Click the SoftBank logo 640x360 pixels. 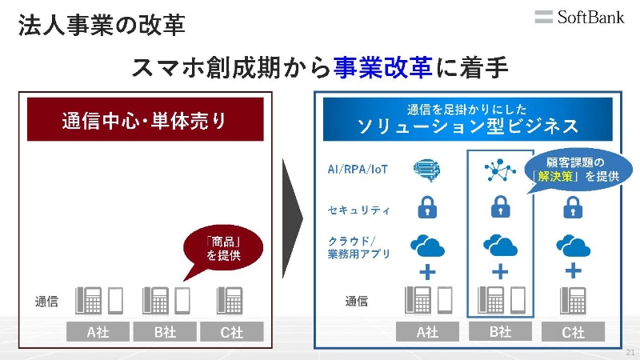[x=579, y=17]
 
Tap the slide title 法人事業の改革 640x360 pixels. [x=102, y=25]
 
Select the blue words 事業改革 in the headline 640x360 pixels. [x=383, y=67]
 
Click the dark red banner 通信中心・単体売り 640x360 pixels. [x=146, y=119]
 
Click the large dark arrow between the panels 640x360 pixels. [x=292, y=218]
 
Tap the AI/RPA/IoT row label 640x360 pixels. [x=358, y=169]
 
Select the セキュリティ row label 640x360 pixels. [x=358, y=210]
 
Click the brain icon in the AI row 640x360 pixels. [x=427, y=170]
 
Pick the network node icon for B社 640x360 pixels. [x=499, y=170]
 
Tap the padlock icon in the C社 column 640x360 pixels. [x=573, y=207]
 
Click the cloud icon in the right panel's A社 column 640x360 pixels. [x=427, y=246]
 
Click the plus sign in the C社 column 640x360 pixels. [x=573, y=270]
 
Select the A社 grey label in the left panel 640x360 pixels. [x=98, y=332]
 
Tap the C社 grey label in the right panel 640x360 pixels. [x=573, y=332]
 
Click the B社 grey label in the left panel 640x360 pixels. [x=165, y=332]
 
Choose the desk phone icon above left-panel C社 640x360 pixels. [x=230, y=301]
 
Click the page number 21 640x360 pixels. [x=630, y=352]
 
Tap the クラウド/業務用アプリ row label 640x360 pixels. [x=358, y=247]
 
